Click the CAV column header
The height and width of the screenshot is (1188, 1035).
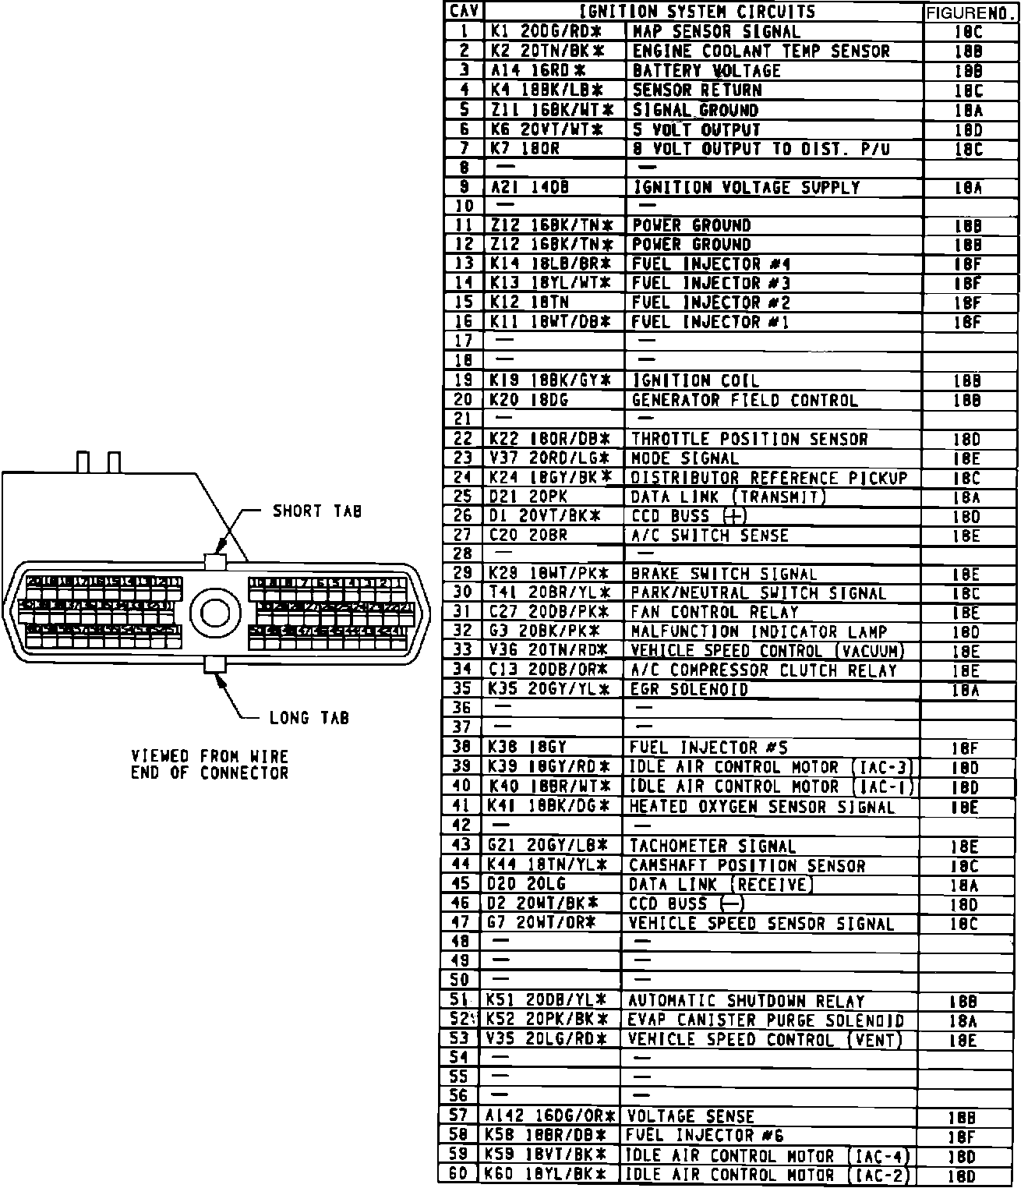pos(465,12)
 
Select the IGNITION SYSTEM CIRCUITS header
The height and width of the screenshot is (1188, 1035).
pos(697,12)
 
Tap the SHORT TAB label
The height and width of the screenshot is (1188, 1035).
pos(317,511)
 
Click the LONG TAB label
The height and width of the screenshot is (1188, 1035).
pos(309,718)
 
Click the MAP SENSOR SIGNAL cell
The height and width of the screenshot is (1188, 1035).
pos(715,32)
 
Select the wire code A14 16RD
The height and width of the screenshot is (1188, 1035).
pos(538,71)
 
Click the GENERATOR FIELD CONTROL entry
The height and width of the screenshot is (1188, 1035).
pos(744,401)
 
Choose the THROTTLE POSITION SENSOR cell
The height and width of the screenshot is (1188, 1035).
pos(749,440)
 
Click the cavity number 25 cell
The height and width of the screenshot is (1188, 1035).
pos(463,497)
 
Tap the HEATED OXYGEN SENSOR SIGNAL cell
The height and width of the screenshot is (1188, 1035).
pos(761,808)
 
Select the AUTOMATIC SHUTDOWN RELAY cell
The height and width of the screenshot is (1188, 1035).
pos(746,1001)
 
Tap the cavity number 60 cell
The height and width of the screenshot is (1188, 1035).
pos(459,1175)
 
